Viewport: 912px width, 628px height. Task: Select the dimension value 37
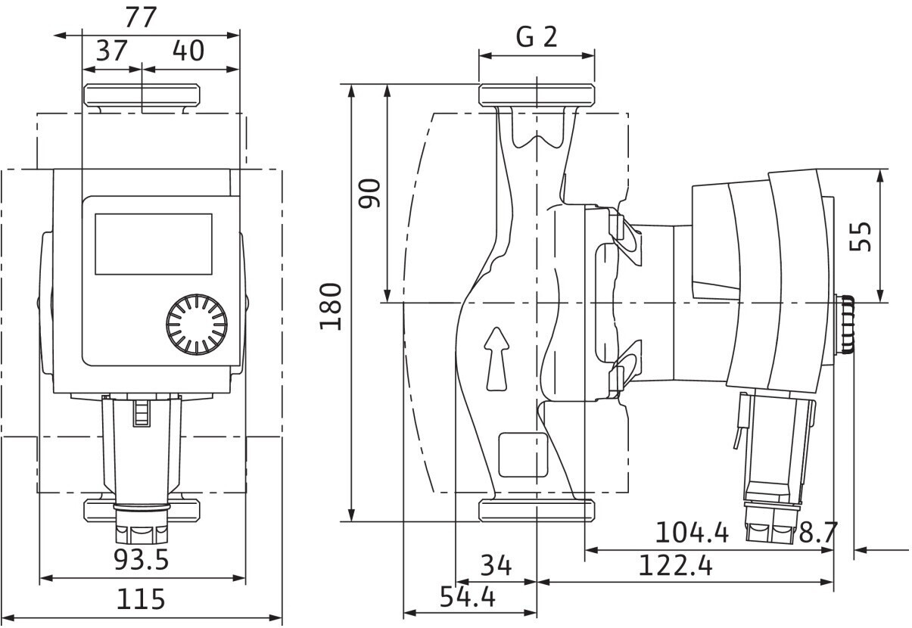pos(111,51)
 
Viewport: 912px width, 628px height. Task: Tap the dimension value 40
pos(188,51)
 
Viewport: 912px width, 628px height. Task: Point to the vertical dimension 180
pos(331,305)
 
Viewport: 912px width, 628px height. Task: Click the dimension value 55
pos(861,236)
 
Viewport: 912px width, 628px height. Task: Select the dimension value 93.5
pos(142,561)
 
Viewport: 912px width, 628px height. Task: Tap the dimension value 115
pos(141,600)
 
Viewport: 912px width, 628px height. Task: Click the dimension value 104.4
pos(692,533)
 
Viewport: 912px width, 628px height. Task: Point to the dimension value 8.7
pos(818,533)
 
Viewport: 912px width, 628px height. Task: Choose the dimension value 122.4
pos(675,566)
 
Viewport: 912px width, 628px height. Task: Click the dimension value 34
pos(496,565)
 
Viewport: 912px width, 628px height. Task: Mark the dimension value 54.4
pos(468,598)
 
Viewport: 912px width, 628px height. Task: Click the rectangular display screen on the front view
pos(153,243)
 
